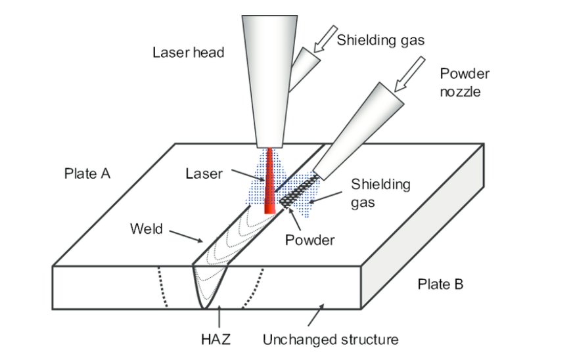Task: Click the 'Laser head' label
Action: tap(188, 53)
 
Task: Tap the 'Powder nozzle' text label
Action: tap(465, 83)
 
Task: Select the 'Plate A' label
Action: tap(87, 173)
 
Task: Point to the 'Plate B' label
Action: tap(440, 284)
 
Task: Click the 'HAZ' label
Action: tap(216, 340)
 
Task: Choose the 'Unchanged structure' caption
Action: tap(331, 340)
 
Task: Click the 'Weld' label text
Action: tap(146, 229)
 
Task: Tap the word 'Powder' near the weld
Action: tap(310, 240)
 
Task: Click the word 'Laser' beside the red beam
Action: tap(204, 173)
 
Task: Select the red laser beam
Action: tap(269, 181)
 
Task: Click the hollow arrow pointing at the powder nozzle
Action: tap(409, 74)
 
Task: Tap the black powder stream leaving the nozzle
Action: tap(299, 191)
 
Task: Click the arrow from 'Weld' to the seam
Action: tap(186, 236)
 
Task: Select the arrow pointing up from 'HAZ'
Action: tap(219, 316)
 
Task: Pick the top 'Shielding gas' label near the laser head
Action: tap(380, 40)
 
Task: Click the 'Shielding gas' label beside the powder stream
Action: tap(380, 193)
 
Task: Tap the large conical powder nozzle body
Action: tap(359, 131)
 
